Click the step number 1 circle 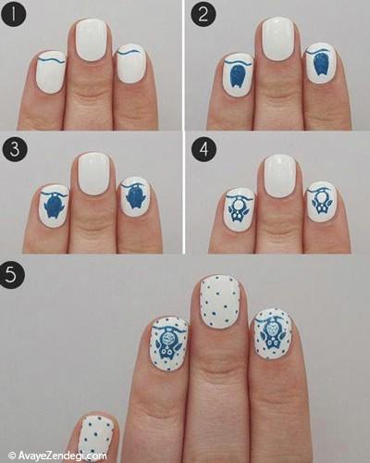click(x=13, y=15)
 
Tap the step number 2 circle click(x=203, y=15)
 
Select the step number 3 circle click(x=15, y=149)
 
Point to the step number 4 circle click(x=203, y=149)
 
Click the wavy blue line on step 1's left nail click(x=53, y=60)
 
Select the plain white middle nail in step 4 click(x=280, y=176)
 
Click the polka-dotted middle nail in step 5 click(x=219, y=301)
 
